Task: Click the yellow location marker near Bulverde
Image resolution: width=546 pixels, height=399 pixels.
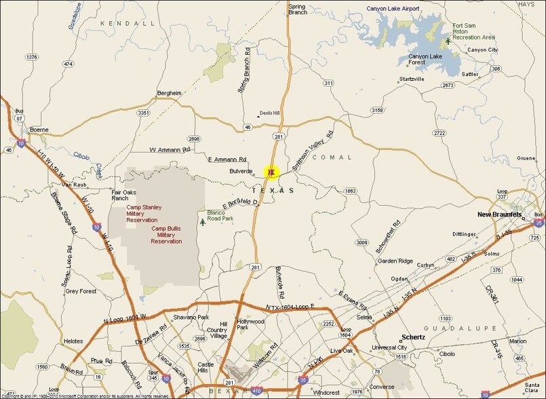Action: pyautogui.click(x=272, y=173)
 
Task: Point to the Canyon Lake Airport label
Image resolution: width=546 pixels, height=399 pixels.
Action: pyautogui.click(x=393, y=9)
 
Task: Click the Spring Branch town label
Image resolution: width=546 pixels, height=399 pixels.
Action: pyautogui.click(x=297, y=9)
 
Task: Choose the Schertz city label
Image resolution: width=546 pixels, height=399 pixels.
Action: pyautogui.click(x=412, y=337)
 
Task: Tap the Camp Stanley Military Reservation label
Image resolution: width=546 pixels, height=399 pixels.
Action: pyautogui.click(x=144, y=214)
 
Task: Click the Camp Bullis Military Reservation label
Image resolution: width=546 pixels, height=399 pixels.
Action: pyautogui.click(x=166, y=235)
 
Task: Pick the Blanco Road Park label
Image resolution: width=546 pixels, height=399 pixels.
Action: pyautogui.click(x=220, y=216)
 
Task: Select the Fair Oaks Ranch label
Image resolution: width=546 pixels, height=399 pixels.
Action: pyautogui.click(x=125, y=195)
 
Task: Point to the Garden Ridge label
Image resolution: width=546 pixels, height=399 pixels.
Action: pyautogui.click(x=395, y=261)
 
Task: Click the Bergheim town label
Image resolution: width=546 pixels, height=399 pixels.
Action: pyautogui.click(x=170, y=93)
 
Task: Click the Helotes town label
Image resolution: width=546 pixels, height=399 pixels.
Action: pyautogui.click(x=73, y=341)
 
